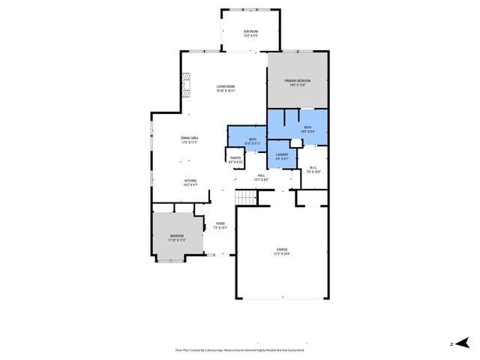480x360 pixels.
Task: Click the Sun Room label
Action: pos(250,31)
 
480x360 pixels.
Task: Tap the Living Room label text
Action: pos(226,86)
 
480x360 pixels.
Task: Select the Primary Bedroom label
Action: pos(297,80)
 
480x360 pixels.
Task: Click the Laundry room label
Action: pos(282,154)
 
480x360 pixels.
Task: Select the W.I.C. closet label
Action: pos(313,168)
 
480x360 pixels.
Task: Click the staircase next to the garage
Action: pos(245,196)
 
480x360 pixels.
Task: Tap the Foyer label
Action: pos(220,223)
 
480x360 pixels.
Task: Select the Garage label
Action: pos(282,249)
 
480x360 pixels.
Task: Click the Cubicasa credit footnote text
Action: pos(239,349)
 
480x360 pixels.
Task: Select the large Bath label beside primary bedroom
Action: pos(307,128)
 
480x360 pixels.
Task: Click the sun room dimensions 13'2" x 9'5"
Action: pos(250,35)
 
